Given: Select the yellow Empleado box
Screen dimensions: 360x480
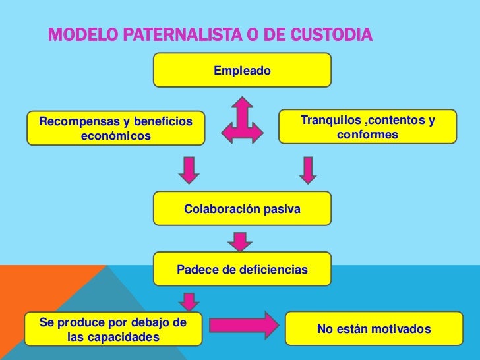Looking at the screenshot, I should coord(242,70).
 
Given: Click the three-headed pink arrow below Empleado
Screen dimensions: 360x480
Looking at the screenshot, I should coord(242,121).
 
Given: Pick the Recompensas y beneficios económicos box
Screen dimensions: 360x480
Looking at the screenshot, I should coord(116,129).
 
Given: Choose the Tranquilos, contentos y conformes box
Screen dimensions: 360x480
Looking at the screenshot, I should coord(367,127).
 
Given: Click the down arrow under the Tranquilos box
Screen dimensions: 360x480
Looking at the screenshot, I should coord(307,169).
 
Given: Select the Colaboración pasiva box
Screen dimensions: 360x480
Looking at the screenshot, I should coord(242,209).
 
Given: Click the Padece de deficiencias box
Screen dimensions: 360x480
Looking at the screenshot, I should coord(242,270).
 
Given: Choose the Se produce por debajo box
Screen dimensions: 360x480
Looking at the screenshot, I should coord(113,330).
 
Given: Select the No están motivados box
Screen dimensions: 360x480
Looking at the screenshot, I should coord(374,329).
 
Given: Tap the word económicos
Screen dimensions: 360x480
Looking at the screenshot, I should coord(116,136).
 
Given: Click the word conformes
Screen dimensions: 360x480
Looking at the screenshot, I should coord(367,135).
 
